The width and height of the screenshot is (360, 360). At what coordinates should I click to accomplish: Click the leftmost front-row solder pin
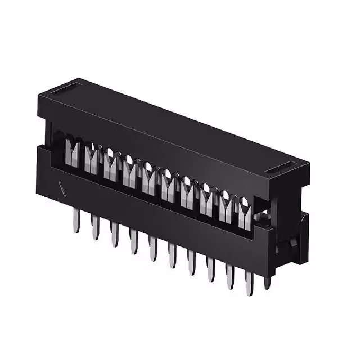[75, 221]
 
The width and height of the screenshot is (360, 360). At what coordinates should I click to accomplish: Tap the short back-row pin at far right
[268, 280]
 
